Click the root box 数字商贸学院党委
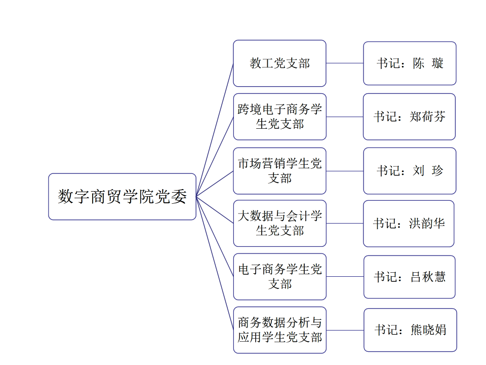[122, 197]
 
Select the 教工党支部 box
[279, 63]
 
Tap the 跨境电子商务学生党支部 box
[279, 117]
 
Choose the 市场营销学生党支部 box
[279, 171]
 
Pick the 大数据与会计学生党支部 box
[279, 224]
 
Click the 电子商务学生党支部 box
[279, 277]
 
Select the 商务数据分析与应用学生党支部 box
[279, 330]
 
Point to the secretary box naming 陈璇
[410, 63]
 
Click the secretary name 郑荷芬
[428, 117]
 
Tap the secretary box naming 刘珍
[410, 171]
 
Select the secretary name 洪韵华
[427, 224]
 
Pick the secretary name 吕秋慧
[428, 277]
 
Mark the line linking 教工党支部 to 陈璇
[345, 63]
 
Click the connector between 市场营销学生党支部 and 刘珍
[345, 171]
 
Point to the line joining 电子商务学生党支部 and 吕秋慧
[345, 277]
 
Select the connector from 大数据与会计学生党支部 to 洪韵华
[345, 224]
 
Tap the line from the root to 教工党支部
[215, 130]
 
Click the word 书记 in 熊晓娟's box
[386, 330]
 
